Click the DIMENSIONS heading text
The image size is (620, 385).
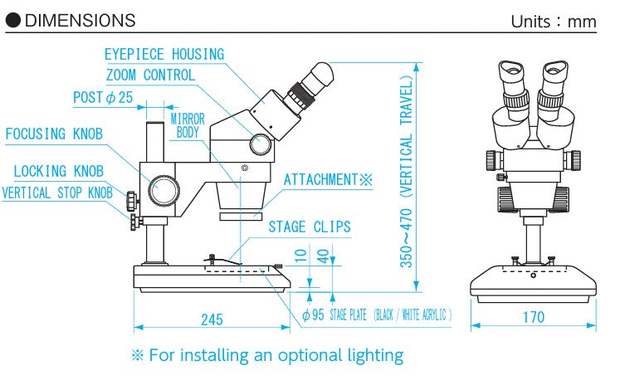(x=80, y=20)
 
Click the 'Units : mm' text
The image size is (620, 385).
(x=553, y=21)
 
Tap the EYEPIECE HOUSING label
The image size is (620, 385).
(x=164, y=55)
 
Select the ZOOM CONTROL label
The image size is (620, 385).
(x=151, y=76)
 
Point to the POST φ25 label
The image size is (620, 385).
(x=103, y=98)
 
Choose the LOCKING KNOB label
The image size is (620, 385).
(x=58, y=172)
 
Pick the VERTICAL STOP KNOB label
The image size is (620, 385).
(x=56, y=193)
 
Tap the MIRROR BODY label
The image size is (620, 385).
(x=188, y=126)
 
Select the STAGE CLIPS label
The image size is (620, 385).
(x=309, y=227)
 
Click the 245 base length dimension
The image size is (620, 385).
(x=213, y=317)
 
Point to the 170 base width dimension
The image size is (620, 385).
(x=534, y=317)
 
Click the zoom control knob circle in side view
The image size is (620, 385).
(x=261, y=144)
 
